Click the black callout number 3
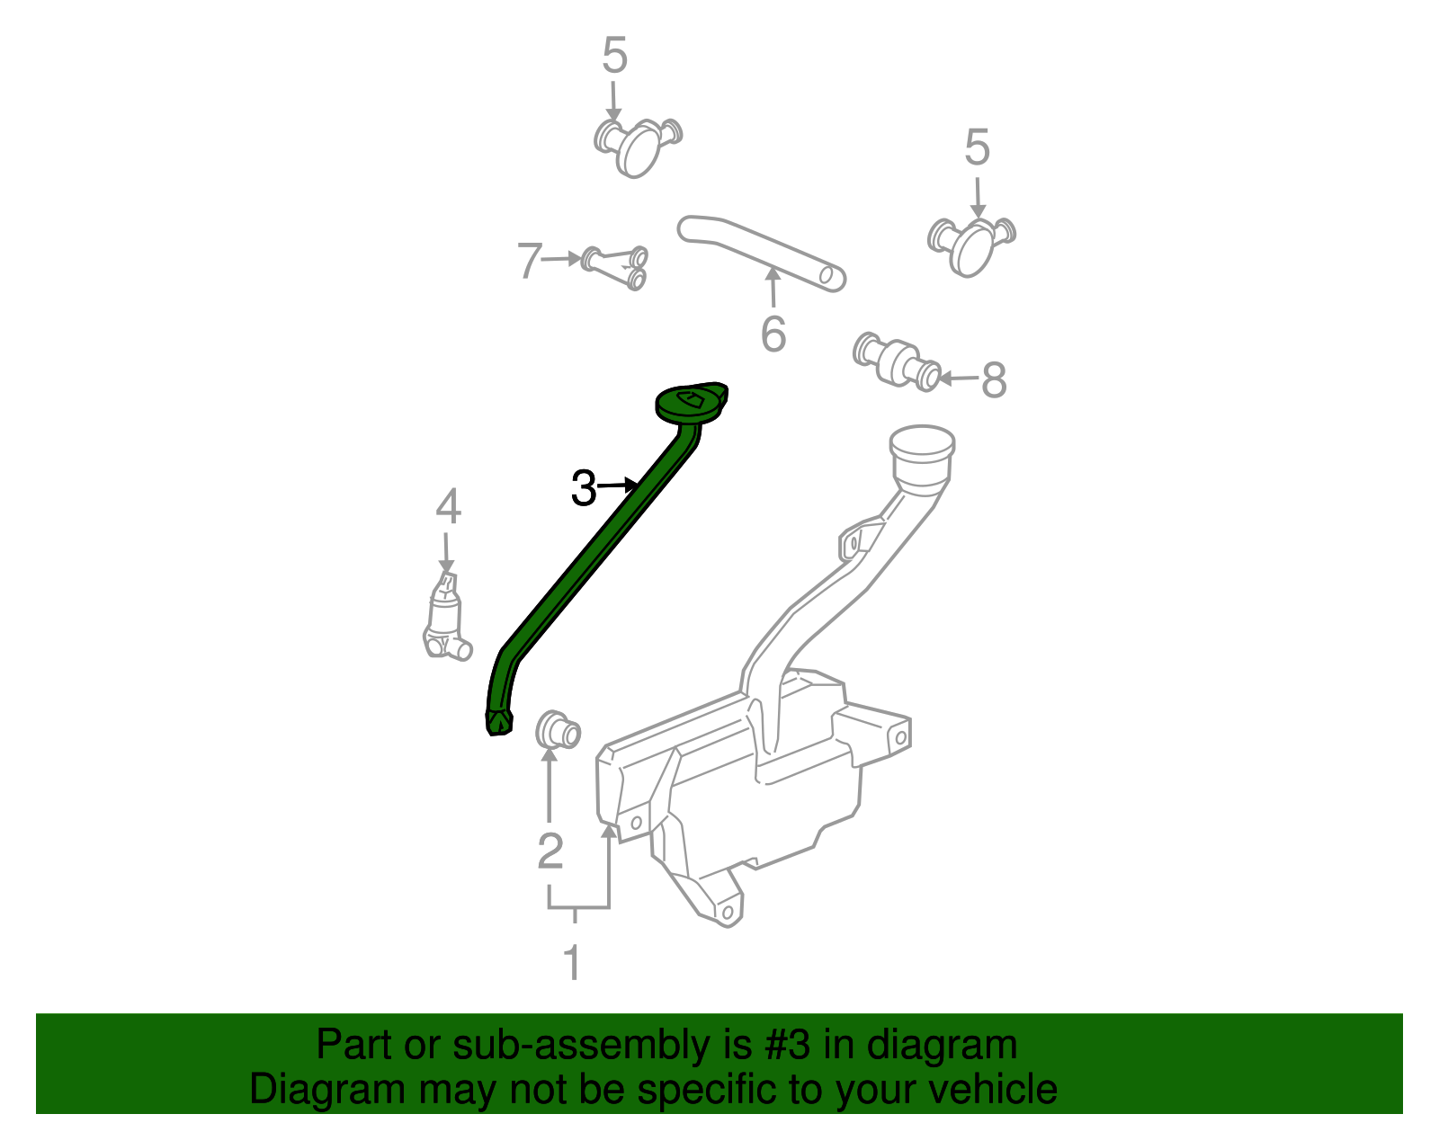584,489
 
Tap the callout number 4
448,507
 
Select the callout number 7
530,261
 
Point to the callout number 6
773,334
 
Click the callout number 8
993,379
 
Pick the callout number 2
550,851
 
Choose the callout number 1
572,963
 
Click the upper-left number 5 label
614,56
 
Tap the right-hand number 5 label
977,147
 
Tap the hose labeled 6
761,252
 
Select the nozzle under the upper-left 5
638,147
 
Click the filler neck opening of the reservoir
921,444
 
